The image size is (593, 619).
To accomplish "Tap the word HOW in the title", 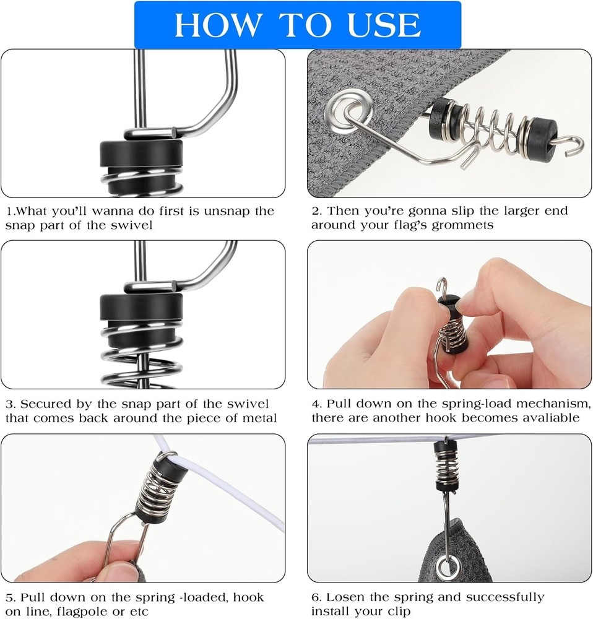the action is (x=219, y=25).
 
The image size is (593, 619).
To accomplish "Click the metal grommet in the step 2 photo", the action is (x=348, y=107).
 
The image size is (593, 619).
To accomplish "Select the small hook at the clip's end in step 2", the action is (x=572, y=142).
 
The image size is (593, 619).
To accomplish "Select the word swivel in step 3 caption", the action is (x=248, y=404).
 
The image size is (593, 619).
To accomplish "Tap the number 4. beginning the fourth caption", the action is (x=317, y=404).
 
